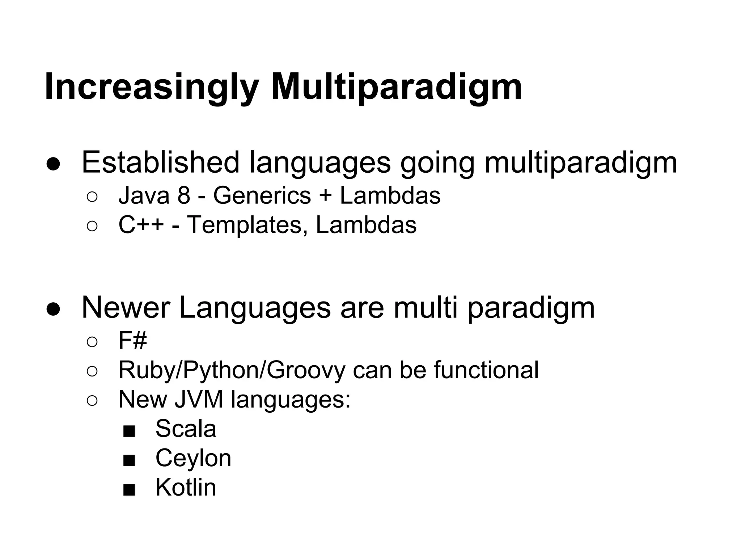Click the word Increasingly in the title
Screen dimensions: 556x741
pyautogui.click(x=151, y=87)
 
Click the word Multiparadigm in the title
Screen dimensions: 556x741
pyautogui.click(x=396, y=87)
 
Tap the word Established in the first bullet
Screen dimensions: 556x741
pyautogui.click(x=160, y=163)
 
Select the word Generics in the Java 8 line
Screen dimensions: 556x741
pyautogui.click(x=262, y=196)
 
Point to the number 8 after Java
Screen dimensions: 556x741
pyautogui.click(x=184, y=196)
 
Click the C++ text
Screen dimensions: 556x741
pyautogui.click(x=141, y=225)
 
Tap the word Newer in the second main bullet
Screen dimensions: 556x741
pyautogui.click(x=126, y=308)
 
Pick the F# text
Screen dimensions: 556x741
pyautogui.click(x=132, y=341)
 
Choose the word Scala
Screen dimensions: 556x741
pyautogui.click(x=186, y=429)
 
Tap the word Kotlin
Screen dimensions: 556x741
pyautogui.click(x=186, y=488)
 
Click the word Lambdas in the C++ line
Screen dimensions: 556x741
pyautogui.click(x=366, y=225)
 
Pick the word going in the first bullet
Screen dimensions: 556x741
pyautogui.click(x=437, y=163)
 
